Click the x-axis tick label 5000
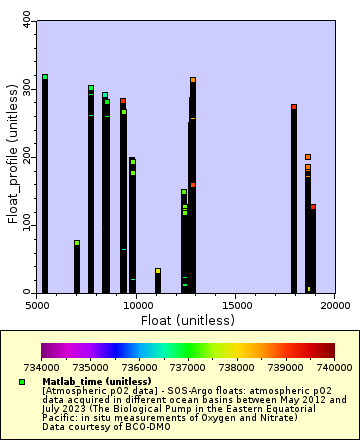tap(37, 303)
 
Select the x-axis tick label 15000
tap(235, 303)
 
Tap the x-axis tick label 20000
tap(334, 303)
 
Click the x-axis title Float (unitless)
tap(185, 320)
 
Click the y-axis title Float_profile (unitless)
tap(12, 155)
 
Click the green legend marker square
tap(21, 382)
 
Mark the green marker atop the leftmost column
tap(44, 77)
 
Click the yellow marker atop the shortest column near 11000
tap(158, 270)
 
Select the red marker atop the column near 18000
tap(294, 107)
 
